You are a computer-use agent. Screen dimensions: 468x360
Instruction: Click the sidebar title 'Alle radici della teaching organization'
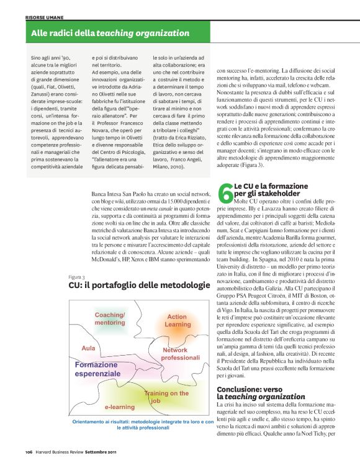pyautogui.click(x=110, y=33)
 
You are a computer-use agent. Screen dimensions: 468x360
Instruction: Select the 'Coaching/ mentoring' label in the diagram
pyautogui.click(x=110, y=319)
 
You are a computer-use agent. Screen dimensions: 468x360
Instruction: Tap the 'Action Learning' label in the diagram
pyautogui.click(x=178, y=320)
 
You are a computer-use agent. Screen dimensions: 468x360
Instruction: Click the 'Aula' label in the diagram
pyautogui.click(x=89, y=348)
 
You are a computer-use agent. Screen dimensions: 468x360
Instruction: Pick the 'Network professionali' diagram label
pyautogui.click(x=181, y=354)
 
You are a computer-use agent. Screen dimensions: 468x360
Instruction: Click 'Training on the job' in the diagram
pyautogui.click(x=166, y=397)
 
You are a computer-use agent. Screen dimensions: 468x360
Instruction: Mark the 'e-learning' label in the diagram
pyautogui.click(x=120, y=407)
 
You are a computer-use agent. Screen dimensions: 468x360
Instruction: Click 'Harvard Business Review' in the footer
pyautogui.click(x=58, y=451)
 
